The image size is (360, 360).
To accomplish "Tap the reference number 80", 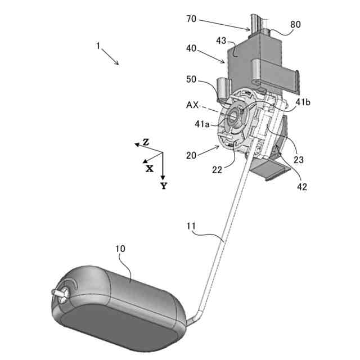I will point(294,25).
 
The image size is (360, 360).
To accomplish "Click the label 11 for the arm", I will point(192,227).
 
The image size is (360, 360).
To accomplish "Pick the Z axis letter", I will point(146,142).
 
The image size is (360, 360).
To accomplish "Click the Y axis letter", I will point(163,186).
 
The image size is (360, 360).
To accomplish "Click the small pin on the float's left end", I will point(57,292).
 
